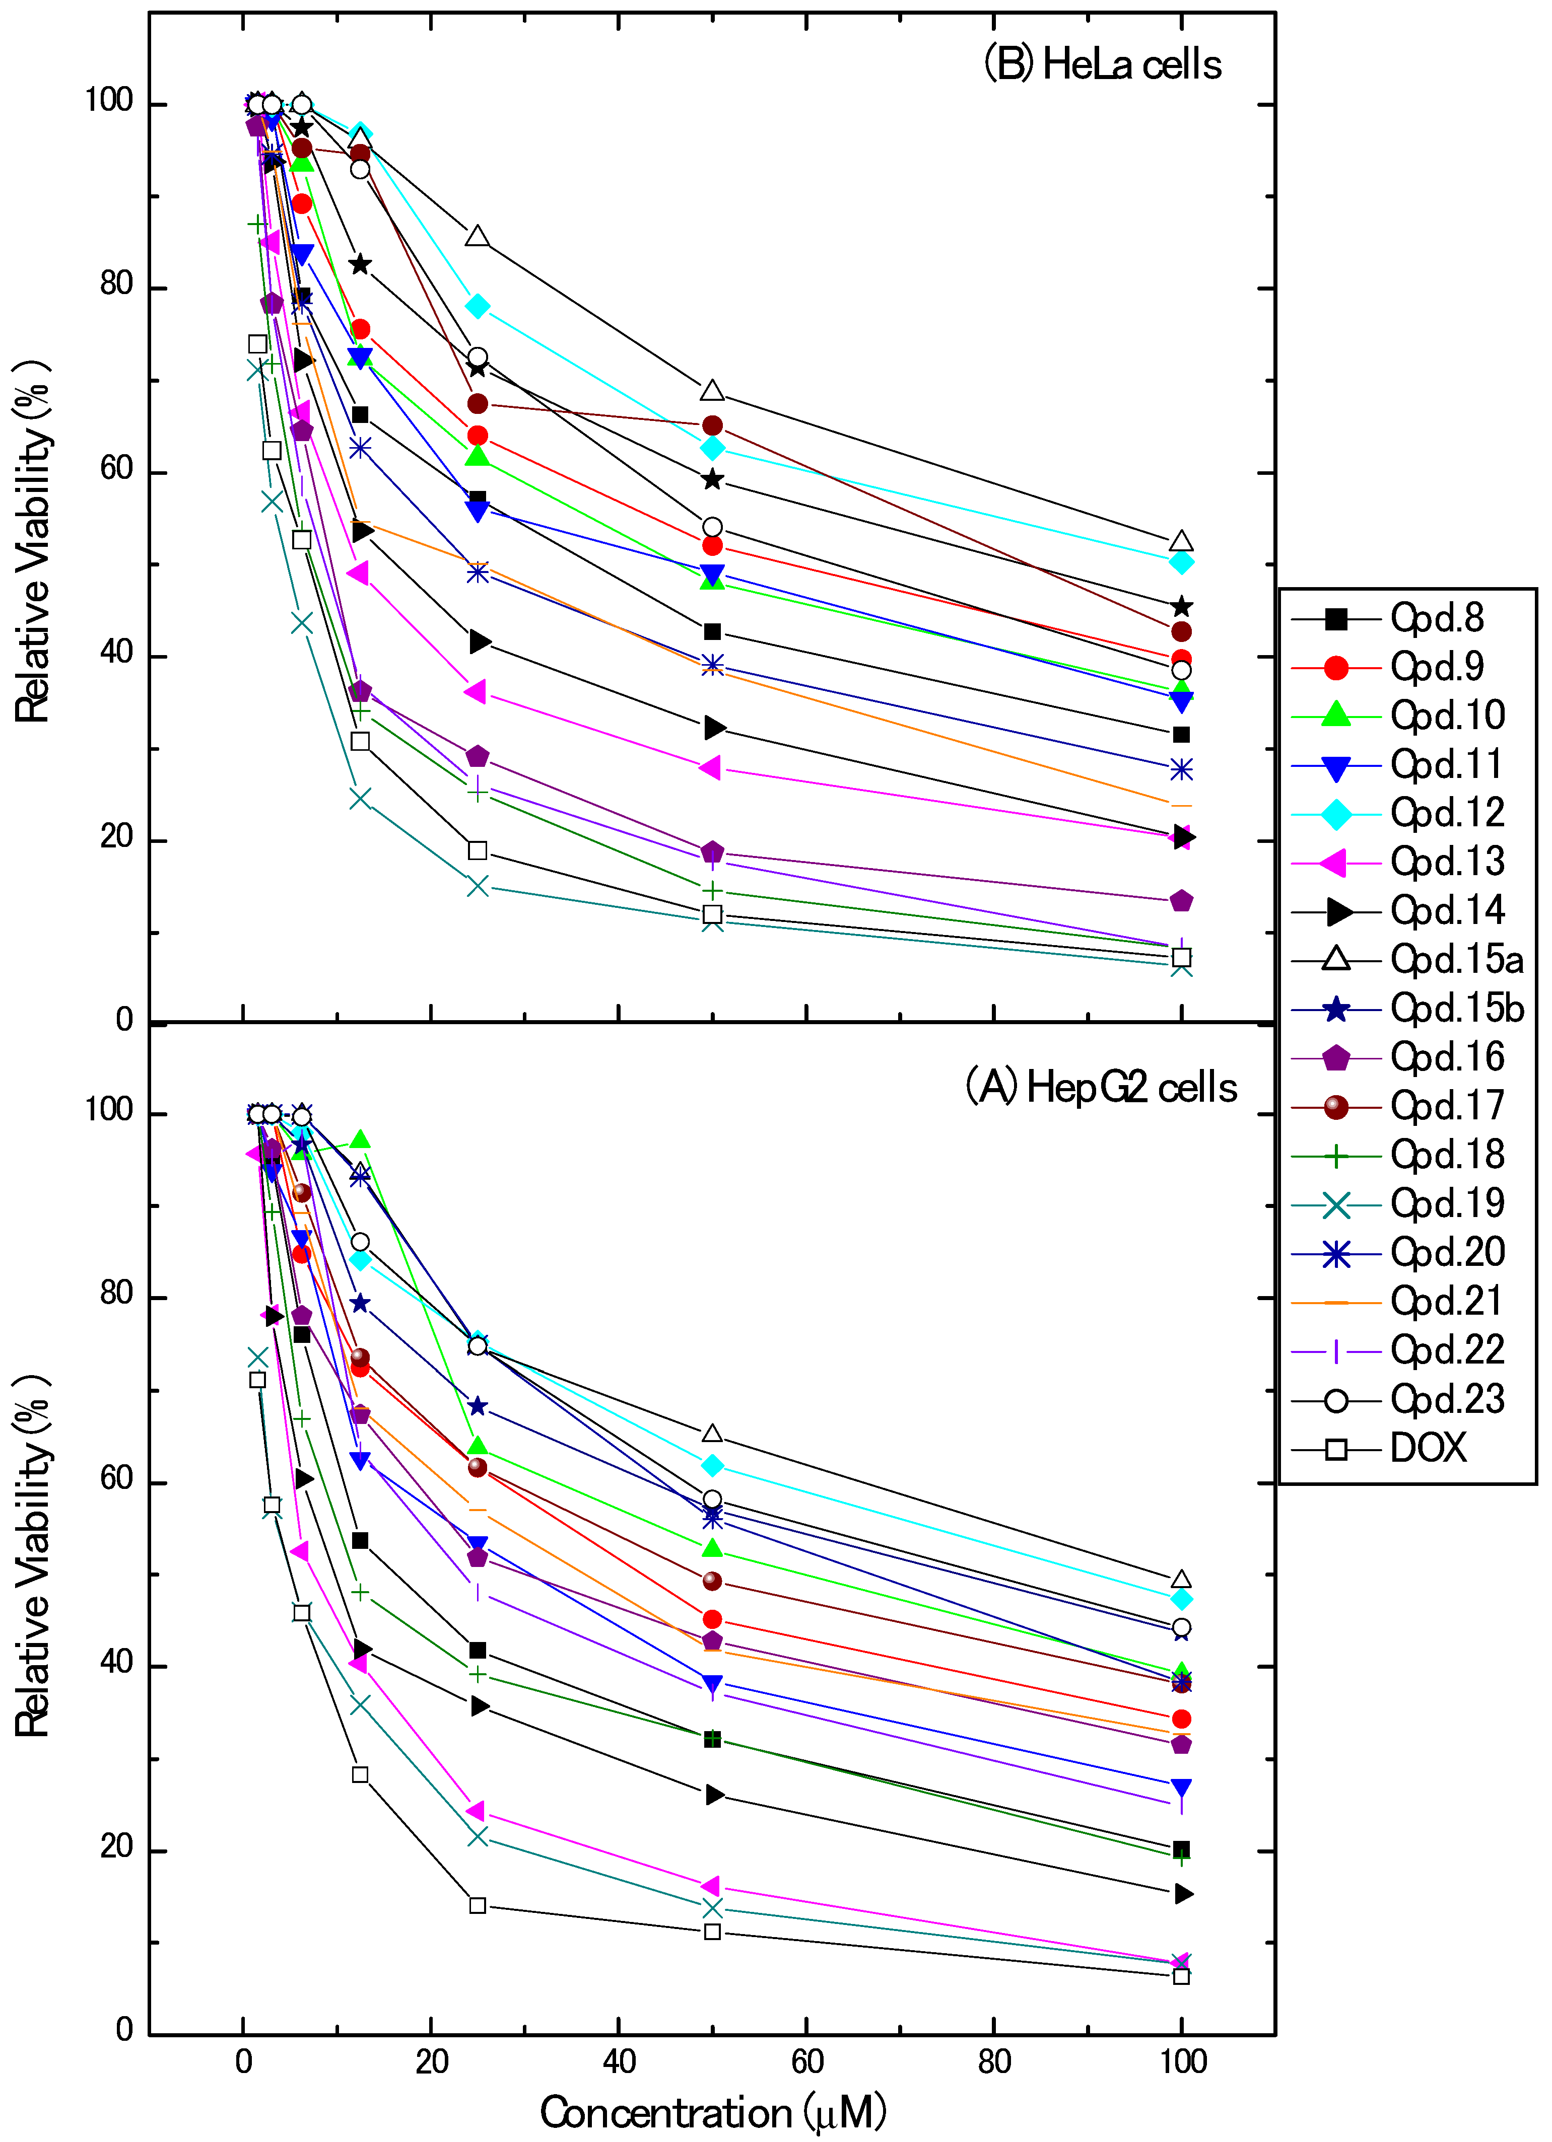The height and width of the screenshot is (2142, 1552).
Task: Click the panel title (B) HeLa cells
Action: (x=1102, y=65)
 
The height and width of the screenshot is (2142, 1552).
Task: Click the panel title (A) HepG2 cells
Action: (x=1101, y=1088)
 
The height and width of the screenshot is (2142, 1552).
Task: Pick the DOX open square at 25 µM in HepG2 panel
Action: (x=478, y=1905)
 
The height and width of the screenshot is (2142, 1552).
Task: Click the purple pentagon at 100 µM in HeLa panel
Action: (x=1181, y=901)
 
